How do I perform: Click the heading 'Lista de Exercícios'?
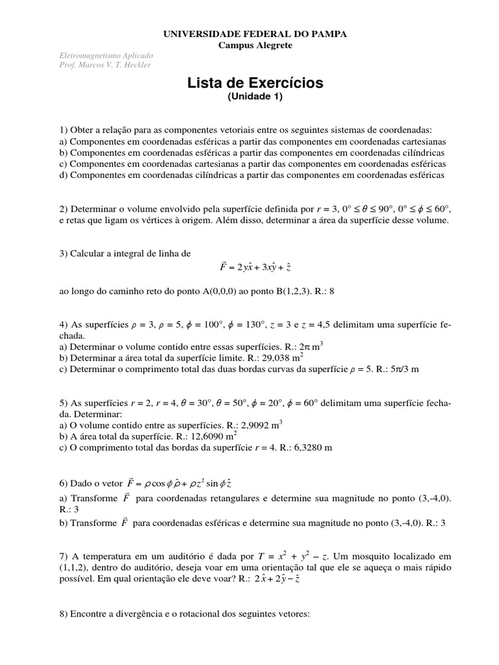click(x=255, y=83)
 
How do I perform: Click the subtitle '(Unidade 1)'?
click(x=255, y=97)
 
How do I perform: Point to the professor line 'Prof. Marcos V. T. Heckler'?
click(x=105, y=65)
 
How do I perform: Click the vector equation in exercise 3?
click(x=256, y=267)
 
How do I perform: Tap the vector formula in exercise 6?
click(x=188, y=483)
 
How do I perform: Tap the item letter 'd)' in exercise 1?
click(x=63, y=175)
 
